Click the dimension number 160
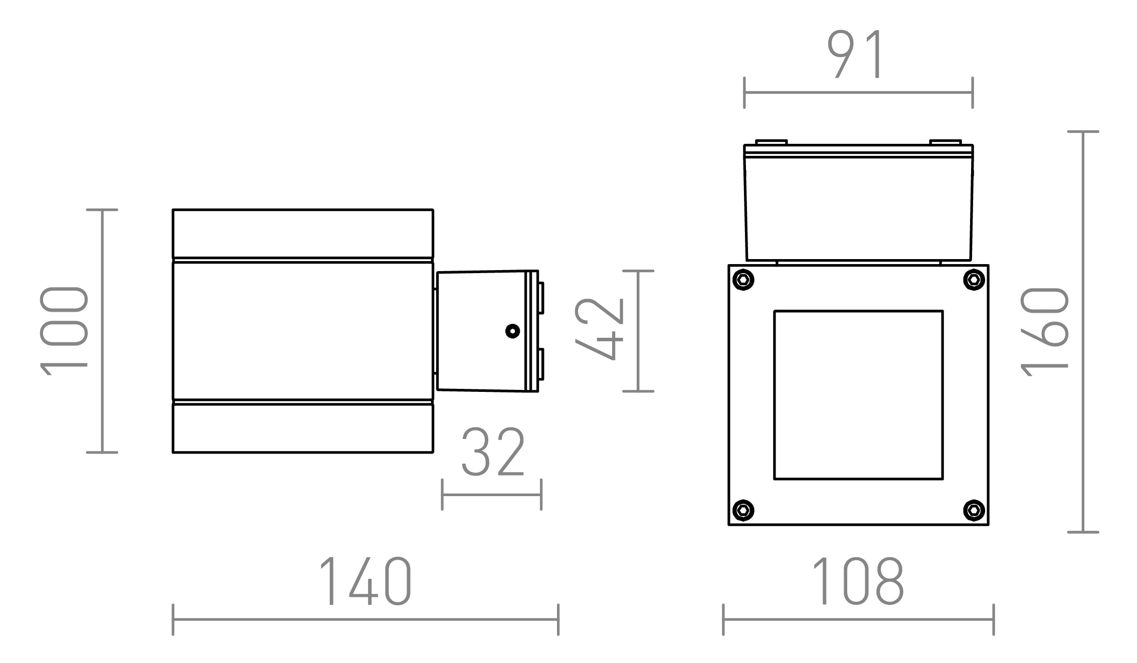pos(1045,331)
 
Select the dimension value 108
pos(858,581)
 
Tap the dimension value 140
pos(365,581)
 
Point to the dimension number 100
pos(64,331)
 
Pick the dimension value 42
pos(599,329)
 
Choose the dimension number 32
pos(493,453)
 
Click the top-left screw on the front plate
pos(743,280)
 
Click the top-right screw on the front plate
pos(974,280)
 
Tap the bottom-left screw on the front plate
pos(743,510)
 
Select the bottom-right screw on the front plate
pos(974,510)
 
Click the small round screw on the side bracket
pos(512,331)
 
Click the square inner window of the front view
pos(858,395)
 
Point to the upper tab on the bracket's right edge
pos(541,298)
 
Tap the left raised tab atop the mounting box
pos(772,142)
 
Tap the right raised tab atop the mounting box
pos(945,142)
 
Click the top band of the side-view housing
pos(303,234)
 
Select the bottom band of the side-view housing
pos(303,428)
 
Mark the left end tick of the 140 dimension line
pos(173,619)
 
